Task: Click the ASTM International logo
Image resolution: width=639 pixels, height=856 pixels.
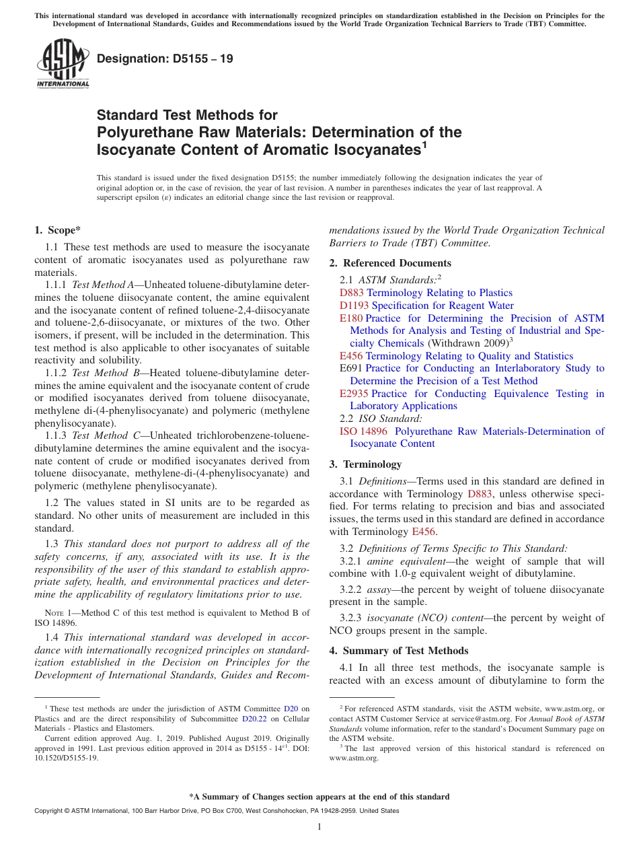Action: pos(63,64)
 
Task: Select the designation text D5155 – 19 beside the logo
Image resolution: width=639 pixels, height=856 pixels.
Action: pos(165,59)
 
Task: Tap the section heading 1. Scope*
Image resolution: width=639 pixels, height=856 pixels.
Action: pos(57,230)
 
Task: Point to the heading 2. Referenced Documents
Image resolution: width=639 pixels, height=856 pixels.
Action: pos(390,263)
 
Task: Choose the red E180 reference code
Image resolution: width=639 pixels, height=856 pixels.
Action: pos(350,318)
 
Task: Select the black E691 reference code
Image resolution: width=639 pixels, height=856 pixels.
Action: pos(351,368)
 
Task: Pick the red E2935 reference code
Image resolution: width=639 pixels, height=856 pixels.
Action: pos(354,394)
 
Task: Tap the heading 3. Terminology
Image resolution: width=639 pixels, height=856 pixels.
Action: pos(372,464)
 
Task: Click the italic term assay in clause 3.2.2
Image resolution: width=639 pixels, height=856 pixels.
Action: pos(380,590)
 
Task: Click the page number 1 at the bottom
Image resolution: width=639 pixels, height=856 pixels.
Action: pos(319,827)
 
